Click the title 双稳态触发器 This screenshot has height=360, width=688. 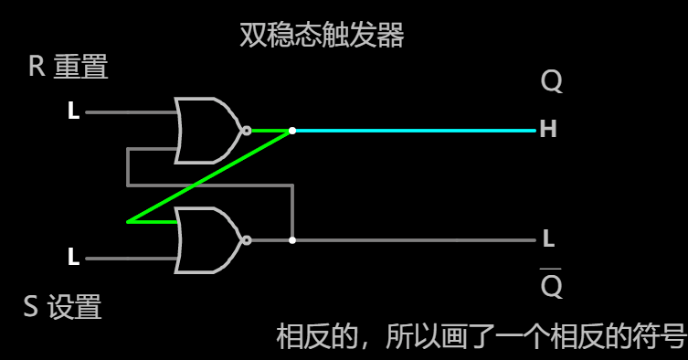(x=321, y=36)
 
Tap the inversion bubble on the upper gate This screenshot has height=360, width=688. (x=246, y=131)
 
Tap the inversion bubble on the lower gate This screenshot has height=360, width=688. (x=246, y=240)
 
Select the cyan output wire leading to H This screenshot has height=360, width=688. (x=411, y=131)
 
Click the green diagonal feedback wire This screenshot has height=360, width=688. (x=209, y=176)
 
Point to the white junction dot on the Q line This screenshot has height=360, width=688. (x=292, y=131)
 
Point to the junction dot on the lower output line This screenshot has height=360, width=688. (x=292, y=240)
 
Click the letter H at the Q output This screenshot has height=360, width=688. (x=548, y=130)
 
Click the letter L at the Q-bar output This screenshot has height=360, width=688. (x=548, y=239)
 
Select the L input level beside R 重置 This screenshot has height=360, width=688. (x=73, y=112)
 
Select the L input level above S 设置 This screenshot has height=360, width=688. (x=73, y=258)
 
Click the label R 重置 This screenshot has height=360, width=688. (x=69, y=67)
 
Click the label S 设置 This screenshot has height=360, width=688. (x=62, y=307)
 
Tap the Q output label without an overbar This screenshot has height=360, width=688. (x=551, y=83)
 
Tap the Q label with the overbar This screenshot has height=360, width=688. (x=551, y=286)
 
